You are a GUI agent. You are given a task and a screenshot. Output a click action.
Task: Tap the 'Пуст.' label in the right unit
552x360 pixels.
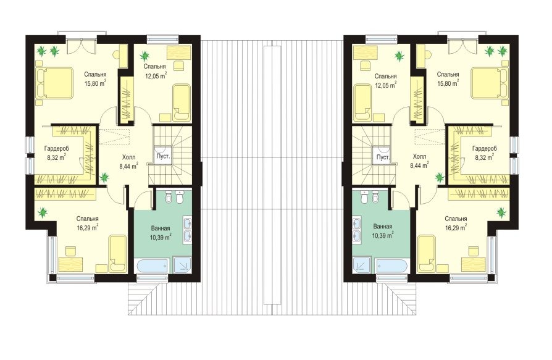coord(382,157)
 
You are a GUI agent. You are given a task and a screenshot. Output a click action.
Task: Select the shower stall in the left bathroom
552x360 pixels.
coord(182,266)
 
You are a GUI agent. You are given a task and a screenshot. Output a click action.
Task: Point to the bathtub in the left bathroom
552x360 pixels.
coord(153,266)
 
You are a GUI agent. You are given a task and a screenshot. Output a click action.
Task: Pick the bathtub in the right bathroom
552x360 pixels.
coord(391,266)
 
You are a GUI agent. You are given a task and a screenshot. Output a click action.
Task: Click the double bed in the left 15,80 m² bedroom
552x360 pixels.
coord(54,83)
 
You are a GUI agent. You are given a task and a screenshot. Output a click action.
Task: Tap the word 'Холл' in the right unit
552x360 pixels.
coord(419,157)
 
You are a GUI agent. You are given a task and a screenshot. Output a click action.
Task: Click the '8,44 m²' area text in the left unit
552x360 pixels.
coord(129,167)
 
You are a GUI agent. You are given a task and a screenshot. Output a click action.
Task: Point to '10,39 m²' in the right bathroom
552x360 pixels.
coord(383,235)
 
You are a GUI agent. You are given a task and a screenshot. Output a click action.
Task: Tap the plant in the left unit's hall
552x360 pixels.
coord(104,177)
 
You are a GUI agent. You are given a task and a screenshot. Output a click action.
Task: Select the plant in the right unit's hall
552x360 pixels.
coord(439,177)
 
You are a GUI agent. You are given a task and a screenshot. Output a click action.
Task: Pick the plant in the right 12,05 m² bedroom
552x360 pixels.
coord(399,56)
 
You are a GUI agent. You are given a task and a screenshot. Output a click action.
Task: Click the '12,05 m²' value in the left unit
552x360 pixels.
coord(156,75)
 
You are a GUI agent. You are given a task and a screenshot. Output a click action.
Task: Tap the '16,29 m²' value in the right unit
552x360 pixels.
coord(456,227)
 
